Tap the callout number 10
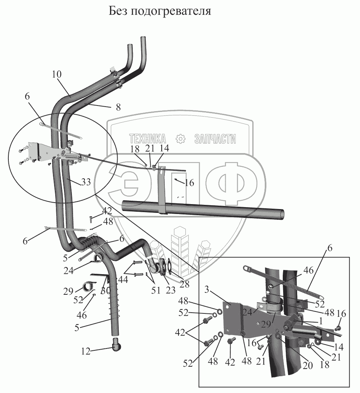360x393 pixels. click(x=57, y=75)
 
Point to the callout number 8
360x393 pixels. click(x=118, y=107)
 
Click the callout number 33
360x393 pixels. click(x=86, y=182)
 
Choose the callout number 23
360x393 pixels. click(x=170, y=290)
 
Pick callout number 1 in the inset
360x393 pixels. click(x=321, y=321)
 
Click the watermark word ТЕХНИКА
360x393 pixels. click(x=148, y=139)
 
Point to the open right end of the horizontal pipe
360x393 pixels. click(x=281, y=214)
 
